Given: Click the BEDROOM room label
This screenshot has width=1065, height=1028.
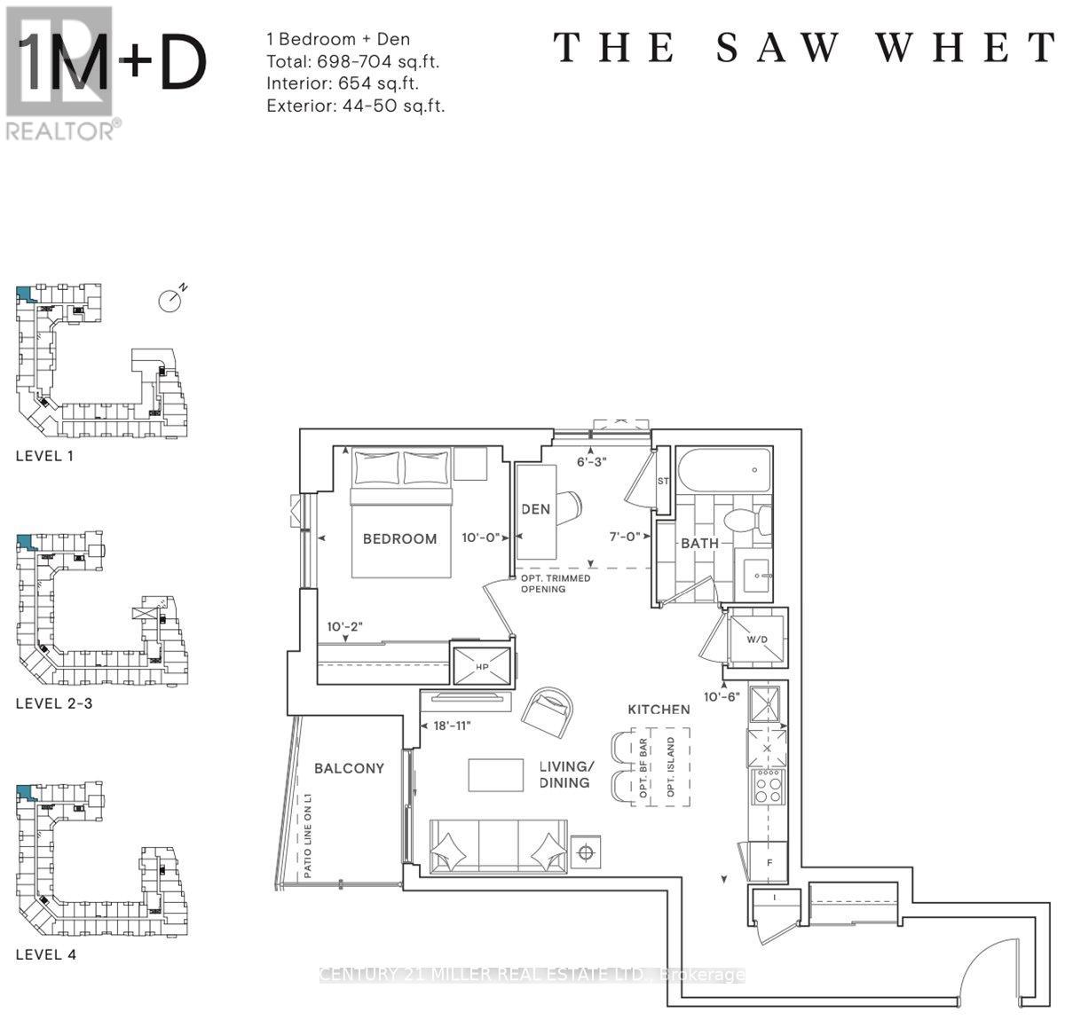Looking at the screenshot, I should (x=399, y=538).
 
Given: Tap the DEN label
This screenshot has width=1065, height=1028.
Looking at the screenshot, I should (x=535, y=509).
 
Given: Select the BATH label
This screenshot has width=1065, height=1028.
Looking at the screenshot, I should (x=699, y=543).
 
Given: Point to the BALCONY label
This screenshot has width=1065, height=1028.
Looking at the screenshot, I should (x=349, y=768).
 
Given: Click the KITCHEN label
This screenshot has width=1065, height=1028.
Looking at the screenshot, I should (x=659, y=710).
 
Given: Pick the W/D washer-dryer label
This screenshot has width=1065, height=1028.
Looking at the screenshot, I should (x=757, y=639).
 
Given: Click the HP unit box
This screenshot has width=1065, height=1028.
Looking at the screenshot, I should (x=483, y=665).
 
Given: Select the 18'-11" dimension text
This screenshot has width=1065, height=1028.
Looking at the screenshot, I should (x=451, y=726).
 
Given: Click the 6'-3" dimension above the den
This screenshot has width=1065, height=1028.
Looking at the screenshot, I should (x=591, y=461).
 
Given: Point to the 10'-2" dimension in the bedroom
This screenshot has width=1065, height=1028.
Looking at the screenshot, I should (x=345, y=626).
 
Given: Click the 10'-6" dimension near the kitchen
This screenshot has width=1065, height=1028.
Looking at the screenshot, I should (x=722, y=696).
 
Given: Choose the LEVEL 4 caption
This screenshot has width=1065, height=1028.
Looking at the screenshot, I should (x=52, y=954).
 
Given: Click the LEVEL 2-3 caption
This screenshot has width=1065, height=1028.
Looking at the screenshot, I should (x=54, y=703).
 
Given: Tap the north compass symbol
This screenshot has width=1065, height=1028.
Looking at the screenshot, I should (x=170, y=300).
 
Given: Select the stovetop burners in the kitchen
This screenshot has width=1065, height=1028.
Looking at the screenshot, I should (x=768, y=786).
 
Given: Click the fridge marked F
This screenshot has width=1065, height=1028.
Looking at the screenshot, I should (x=769, y=860).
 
